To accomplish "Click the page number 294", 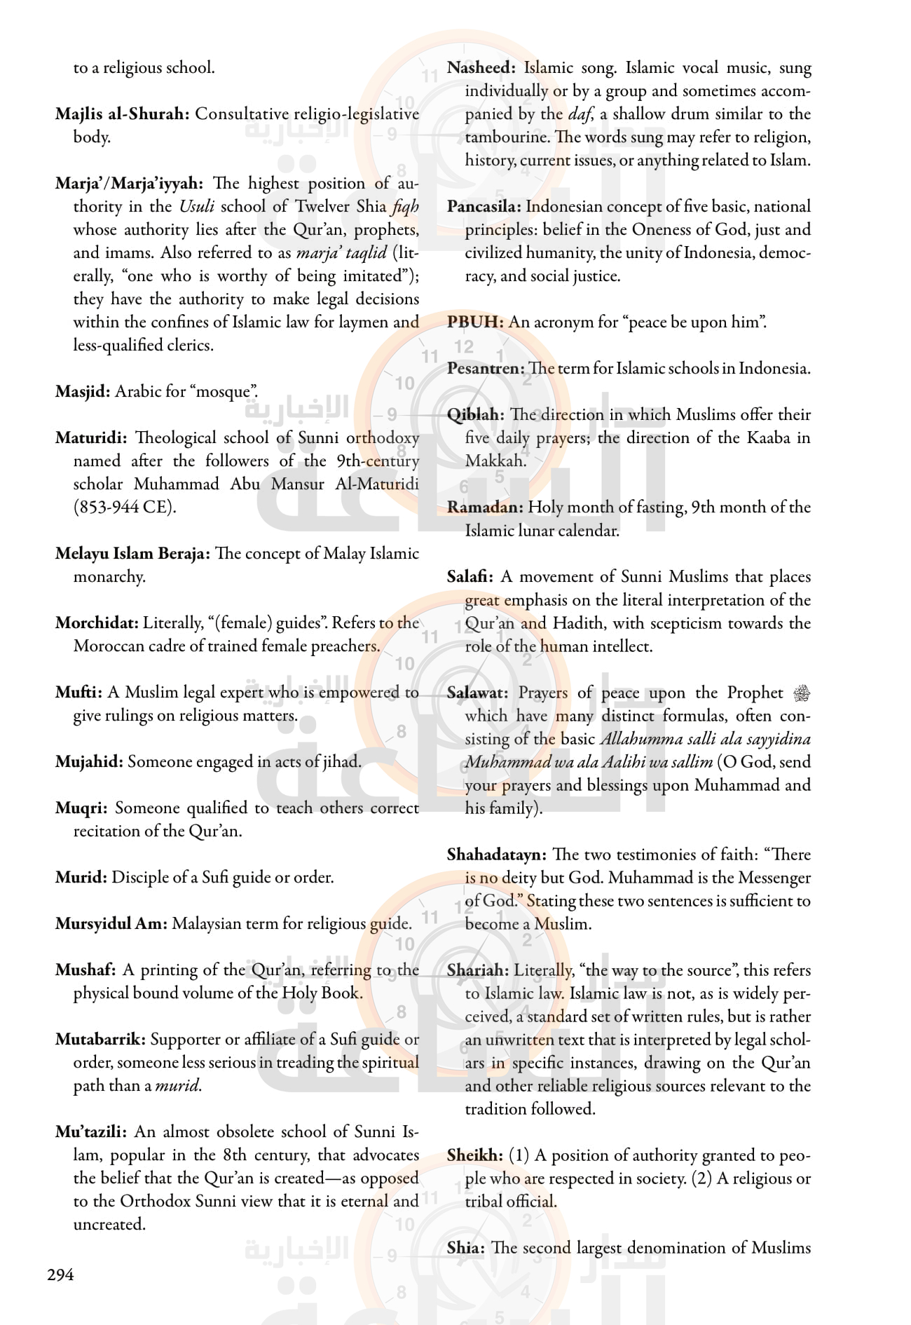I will click(x=60, y=1275).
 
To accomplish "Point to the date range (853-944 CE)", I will click(x=124, y=507).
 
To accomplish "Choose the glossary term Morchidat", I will click(x=97, y=623).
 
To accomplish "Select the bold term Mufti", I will click(x=78, y=693).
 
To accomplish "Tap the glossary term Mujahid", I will click(x=88, y=762).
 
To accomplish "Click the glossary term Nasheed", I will click(x=481, y=68).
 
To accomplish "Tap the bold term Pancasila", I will click(x=484, y=207).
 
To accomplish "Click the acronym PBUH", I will click(x=475, y=322).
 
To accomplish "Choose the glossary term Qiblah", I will click(x=475, y=415).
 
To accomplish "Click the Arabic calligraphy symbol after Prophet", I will click(x=802, y=693).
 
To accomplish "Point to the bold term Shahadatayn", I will click(x=496, y=855).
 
